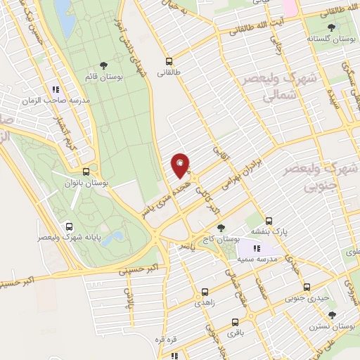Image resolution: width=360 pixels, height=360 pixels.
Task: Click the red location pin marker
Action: tap(180, 165)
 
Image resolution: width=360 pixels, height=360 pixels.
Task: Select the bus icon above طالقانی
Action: tap(169, 61)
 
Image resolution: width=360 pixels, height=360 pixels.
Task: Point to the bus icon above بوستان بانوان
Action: tap(86, 172)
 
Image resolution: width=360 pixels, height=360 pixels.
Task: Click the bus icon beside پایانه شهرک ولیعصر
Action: tap(69, 226)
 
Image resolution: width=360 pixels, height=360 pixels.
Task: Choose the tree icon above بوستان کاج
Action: tap(221, 228)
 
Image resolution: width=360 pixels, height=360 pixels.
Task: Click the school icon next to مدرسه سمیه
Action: tap(257, 249)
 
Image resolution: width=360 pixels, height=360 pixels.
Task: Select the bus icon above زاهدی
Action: tap(205, 290)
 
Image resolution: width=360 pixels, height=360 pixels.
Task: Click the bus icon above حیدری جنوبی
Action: tap(307, 287)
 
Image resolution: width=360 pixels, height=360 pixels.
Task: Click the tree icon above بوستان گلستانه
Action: tap(330, 27)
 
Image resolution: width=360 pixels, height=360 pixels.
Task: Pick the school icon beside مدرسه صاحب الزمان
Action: tap(56, 89)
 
